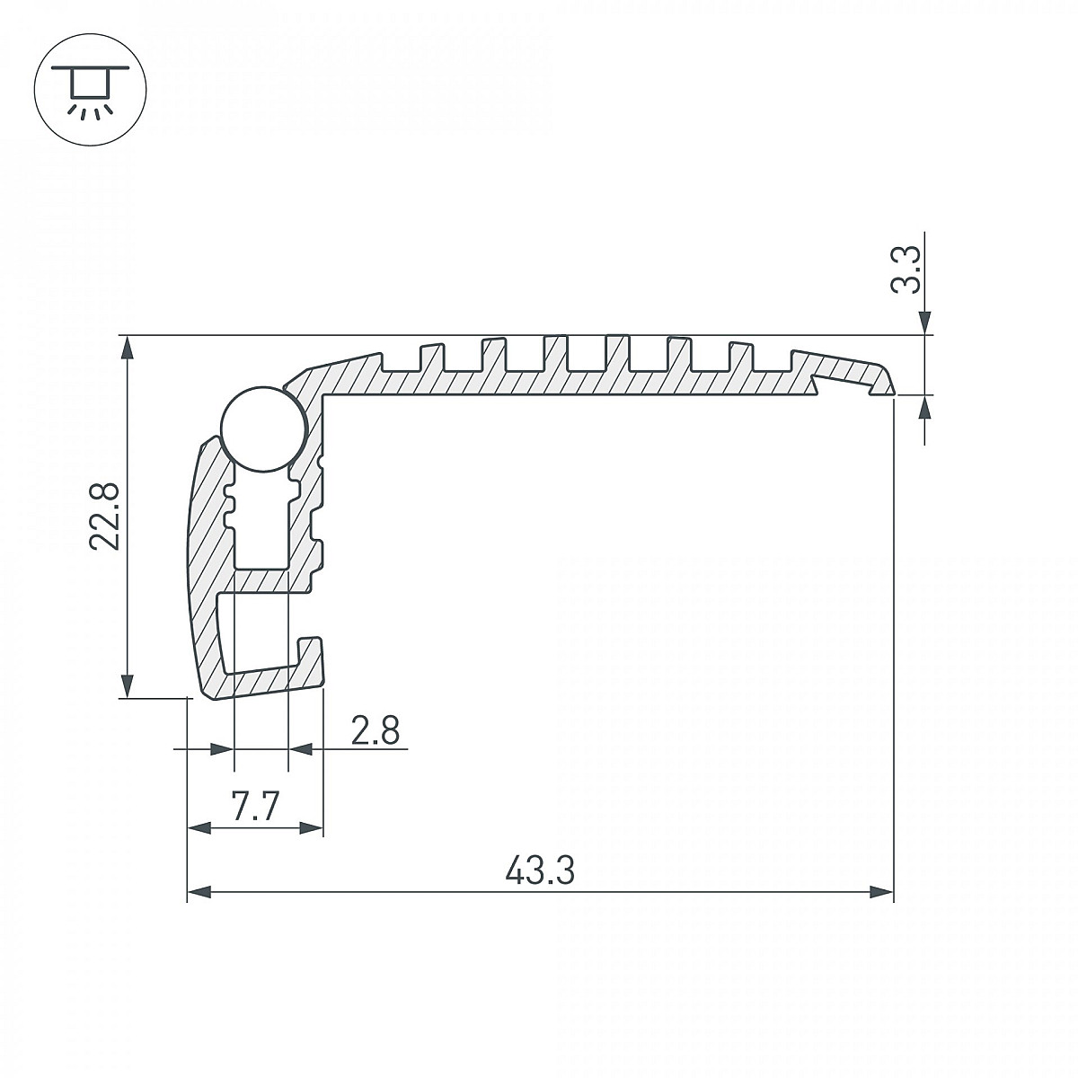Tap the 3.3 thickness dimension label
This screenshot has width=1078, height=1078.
point(905,269)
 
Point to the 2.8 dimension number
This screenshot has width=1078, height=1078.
point(376,731)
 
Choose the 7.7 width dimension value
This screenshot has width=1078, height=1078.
point(255,806)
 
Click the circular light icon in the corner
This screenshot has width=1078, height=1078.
point(90,90)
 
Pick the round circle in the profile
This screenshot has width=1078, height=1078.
point(264,429)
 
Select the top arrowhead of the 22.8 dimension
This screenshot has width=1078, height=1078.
point(128,348)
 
